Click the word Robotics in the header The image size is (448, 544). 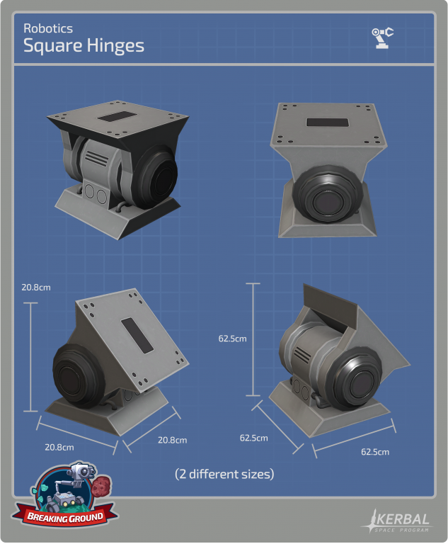48,28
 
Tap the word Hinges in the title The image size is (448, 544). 115,46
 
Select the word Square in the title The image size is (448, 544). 52,46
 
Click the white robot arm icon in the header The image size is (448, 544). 382,38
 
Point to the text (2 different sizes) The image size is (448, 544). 224,474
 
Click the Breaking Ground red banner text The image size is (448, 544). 65,517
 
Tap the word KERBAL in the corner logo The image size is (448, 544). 403,519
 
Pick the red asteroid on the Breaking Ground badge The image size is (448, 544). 102,486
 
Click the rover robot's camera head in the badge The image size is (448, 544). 82,472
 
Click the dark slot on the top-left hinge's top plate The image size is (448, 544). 116,117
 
